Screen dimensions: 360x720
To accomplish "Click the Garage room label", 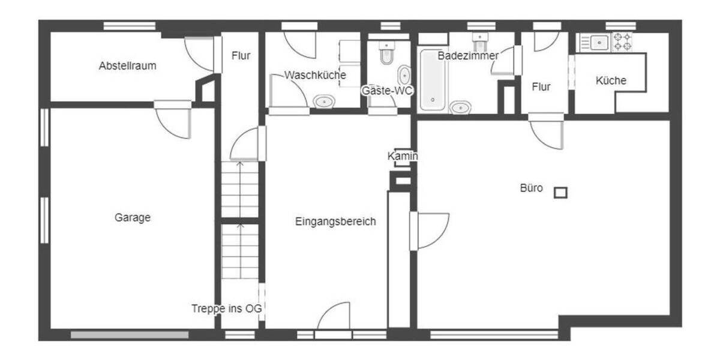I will coord(133,218).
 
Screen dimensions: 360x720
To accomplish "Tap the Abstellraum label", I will coord(127,66).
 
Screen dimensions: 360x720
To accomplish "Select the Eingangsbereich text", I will coord(335,221).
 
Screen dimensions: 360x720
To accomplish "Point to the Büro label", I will coord(531,188).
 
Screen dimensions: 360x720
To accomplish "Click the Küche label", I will coord(611,80).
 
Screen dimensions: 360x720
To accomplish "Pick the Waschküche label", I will coord(315,76).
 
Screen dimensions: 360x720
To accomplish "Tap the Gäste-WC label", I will coord(387,91).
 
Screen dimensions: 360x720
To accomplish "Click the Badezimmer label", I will coord(468,55).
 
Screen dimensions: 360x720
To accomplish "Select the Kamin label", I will coord(403,157).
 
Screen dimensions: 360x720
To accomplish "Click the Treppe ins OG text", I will coord(227,309).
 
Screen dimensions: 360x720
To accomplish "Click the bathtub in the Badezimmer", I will coord(433,80).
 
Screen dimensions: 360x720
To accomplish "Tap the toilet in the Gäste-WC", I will coord(386,53).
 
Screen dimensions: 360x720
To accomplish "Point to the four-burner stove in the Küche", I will coord(622,42).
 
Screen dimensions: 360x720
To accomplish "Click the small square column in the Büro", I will coord(560,193).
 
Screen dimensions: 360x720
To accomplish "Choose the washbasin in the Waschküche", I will coord(324,101).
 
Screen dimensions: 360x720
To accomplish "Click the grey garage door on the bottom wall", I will coord(130,335).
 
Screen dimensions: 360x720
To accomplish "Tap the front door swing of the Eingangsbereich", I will coord(334,317).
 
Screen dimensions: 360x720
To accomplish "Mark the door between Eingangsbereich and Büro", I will coord(430,231).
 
